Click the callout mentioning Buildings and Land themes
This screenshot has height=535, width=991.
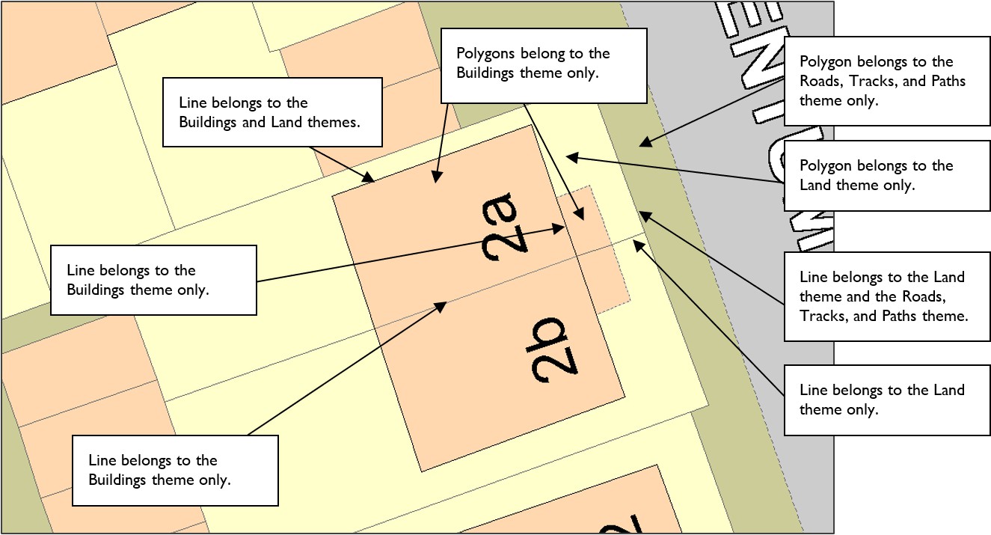(x=272, y=112)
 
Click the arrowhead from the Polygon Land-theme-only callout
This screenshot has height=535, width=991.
(x=568, y=156)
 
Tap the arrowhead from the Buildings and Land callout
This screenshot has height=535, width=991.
(x=371, y=180)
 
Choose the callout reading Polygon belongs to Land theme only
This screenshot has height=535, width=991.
(x=886, y=176)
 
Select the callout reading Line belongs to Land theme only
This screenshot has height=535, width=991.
(x=886, y=400)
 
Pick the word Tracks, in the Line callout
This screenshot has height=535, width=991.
(x=823, y=316)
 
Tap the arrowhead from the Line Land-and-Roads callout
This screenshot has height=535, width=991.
(x=642, y=215)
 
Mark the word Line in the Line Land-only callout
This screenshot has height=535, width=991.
(x=813, y=390)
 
